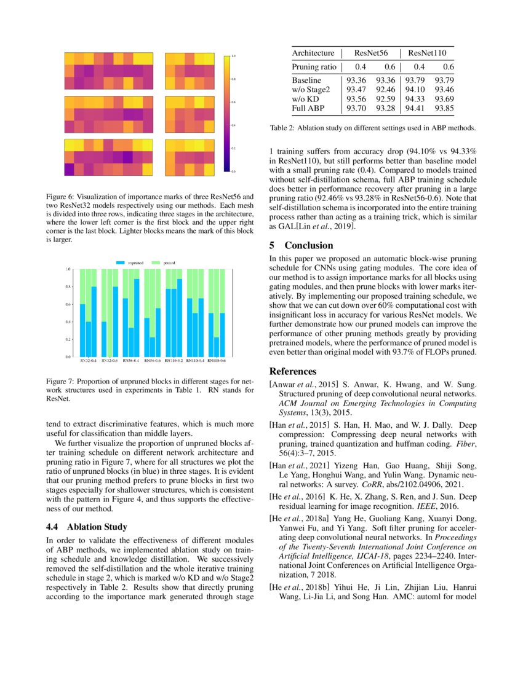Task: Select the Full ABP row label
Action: click(308, 109)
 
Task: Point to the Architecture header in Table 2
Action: click(313, 53)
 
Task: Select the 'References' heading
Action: click(293, 371)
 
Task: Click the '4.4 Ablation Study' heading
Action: click(87, 527)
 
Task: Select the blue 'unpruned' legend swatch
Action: click(121, 263)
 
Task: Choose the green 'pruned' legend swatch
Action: click(157, 263)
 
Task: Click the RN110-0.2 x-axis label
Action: click(173, 361)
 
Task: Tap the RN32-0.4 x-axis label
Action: click(87, 361)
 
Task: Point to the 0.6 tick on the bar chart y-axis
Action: click(68, 304)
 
